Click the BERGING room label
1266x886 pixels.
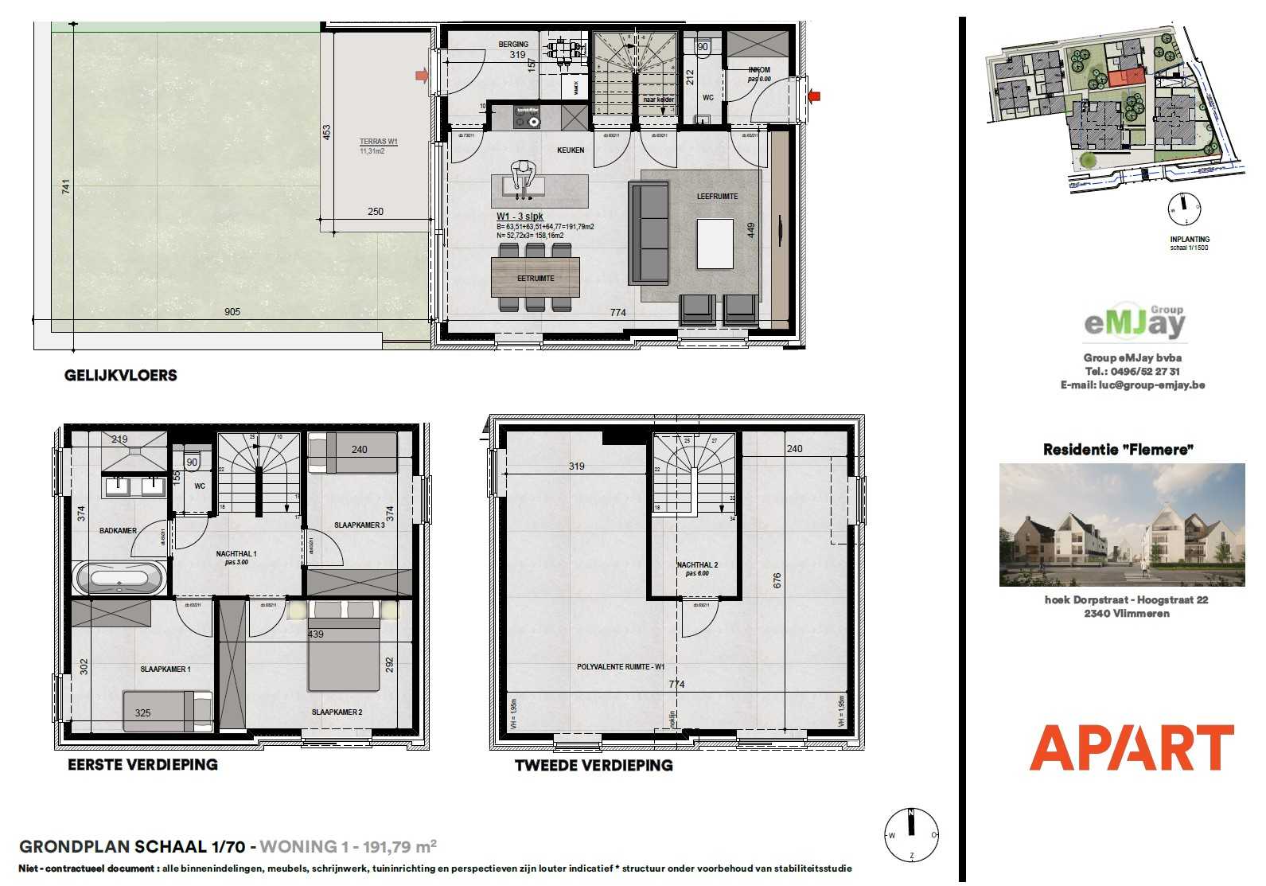(513, 45)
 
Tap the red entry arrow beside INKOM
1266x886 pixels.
(813, 96)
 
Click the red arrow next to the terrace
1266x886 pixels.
(422, 76)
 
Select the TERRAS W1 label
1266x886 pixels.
(378, 142)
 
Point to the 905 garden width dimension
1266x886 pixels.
(232, 312)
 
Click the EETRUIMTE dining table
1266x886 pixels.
(535, 278)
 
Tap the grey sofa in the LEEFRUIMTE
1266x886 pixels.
(649, 232)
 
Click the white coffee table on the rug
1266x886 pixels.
(715, 244)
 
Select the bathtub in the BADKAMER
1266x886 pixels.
(120, 578)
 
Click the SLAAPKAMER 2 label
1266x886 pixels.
(337, 712)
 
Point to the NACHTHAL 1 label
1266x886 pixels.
(236, 554)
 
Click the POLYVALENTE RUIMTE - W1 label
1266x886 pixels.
(621, 667)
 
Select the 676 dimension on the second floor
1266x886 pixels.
(777, 580)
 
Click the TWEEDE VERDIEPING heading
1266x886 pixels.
(593, 766)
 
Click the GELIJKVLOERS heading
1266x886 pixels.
(121, 376)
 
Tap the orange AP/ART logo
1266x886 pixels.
(1131, 747)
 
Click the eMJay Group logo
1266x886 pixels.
(1134, 322)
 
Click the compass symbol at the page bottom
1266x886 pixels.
(912, 835)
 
